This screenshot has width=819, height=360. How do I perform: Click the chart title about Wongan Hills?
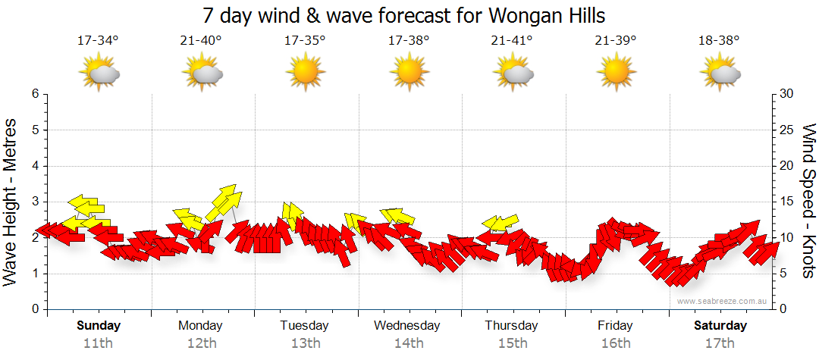403,15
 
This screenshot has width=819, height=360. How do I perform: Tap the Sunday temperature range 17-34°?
98,40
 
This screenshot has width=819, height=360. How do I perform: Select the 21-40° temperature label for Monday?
201,40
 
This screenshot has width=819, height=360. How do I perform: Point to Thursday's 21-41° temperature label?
512,40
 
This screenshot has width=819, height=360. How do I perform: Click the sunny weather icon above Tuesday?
305,74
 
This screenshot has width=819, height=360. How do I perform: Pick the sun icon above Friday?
616,74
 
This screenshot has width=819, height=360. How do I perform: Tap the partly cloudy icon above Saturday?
720,74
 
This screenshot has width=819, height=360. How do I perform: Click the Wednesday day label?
407,326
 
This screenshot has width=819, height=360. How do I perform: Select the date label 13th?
305,343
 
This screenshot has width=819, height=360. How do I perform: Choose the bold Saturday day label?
720,326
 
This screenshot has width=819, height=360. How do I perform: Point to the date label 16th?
615,343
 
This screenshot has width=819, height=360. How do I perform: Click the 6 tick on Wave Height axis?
34,94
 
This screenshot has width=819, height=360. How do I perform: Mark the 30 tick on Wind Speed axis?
787,94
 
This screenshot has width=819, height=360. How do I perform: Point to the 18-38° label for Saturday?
719,40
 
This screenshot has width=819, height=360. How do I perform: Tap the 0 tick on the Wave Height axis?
34,309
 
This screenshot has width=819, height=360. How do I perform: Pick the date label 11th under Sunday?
98,343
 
